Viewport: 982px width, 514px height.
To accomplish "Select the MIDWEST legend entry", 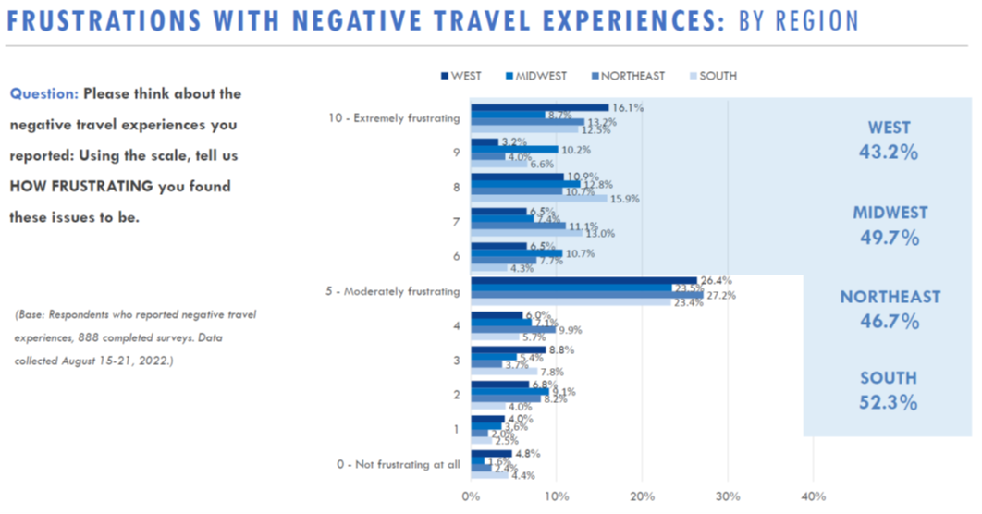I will [x=535, y=76].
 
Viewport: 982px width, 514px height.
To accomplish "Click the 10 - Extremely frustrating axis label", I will [x=394, y=118].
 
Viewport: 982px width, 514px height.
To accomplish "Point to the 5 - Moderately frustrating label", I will [x=394, y=291].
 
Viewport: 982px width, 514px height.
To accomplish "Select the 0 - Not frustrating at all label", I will [x=399, y=465].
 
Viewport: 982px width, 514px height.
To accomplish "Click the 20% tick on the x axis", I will [x=642, y=496].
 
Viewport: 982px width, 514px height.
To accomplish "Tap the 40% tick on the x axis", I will [x=813, y=496].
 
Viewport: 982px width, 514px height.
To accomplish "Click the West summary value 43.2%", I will [x=890, y=153].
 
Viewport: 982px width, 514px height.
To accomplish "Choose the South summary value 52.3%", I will [x=890, y=402].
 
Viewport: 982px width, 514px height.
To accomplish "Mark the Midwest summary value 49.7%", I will [x=890, y=238].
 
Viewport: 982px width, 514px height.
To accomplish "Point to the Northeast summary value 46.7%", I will [x=890, y=322].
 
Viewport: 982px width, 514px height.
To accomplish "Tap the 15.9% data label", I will [x=625, y=199].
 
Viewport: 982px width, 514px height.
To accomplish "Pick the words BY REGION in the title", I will [x=799, y=19].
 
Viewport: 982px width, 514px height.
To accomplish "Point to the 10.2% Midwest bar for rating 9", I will [x=514, y=149].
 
